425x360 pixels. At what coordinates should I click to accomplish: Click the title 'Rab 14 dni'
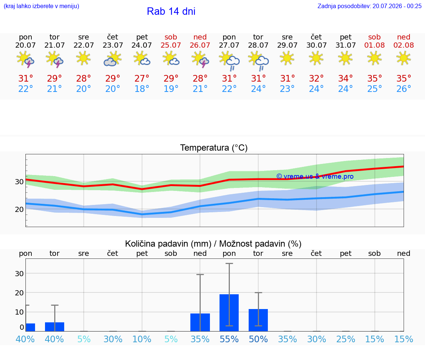171,11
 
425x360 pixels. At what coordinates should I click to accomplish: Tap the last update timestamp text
369,6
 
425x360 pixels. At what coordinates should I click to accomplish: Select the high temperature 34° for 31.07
345,78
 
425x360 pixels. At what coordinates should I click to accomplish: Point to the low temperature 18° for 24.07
142,89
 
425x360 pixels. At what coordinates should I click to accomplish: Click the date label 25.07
171,45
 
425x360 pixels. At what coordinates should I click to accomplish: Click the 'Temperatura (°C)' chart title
214,148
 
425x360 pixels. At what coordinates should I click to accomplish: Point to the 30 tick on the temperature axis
19,182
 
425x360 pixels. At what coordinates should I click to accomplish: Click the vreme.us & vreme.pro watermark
315,176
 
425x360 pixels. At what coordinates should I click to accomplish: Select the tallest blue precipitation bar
229,312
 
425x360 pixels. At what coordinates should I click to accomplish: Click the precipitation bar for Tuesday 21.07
55,327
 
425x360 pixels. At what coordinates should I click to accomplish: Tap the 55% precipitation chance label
229,339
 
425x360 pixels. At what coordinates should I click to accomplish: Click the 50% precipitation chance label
258,339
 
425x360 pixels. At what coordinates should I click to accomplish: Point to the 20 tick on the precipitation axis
19,293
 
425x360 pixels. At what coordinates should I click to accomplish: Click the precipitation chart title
213,244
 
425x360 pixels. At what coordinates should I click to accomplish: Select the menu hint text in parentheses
41,6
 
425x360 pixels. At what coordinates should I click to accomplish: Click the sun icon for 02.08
404,59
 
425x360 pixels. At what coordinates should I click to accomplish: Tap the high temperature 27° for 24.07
142,78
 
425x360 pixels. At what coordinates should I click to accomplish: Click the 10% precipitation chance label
142,339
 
